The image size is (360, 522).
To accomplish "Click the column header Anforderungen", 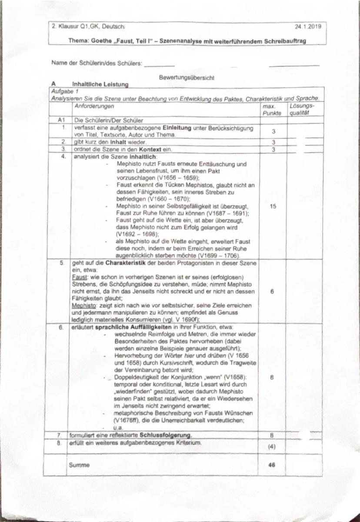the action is click(94, 106).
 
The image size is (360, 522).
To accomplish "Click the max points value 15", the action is click(272, 206).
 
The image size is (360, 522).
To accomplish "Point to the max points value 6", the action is click(272, 292).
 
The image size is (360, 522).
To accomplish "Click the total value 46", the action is click(272, 465).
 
